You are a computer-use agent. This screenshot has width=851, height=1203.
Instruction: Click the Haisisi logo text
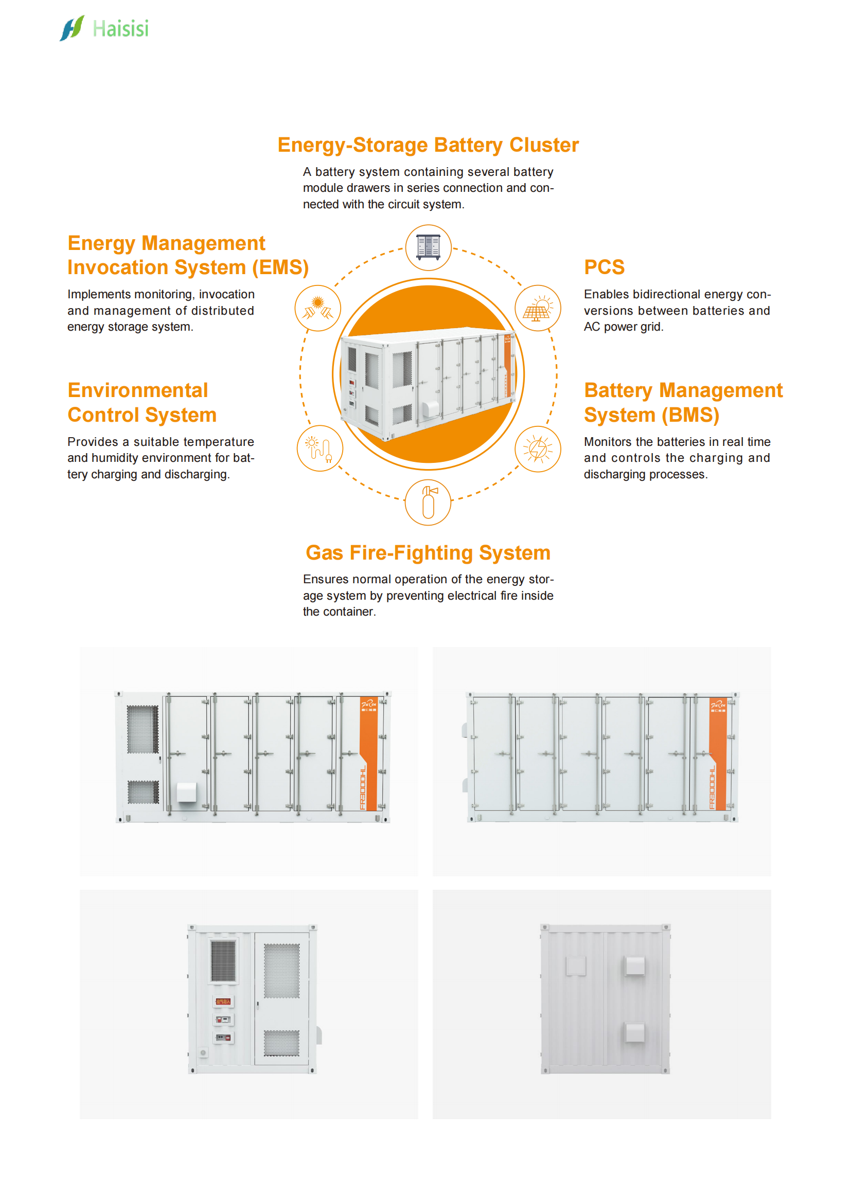tap(120, 29)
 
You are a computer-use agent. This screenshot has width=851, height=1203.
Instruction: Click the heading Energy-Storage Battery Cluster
tap(428, 145)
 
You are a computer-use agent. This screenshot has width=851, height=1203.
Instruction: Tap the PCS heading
tap(604, 267)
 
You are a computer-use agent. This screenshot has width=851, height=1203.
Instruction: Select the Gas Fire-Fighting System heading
tap(428, 553)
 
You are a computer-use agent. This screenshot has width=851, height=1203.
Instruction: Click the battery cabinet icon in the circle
tap(428, 247)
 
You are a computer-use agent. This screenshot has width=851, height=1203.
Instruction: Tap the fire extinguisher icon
tap(428, 502)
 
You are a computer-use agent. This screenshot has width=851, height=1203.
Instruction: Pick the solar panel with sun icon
tap(538, 308)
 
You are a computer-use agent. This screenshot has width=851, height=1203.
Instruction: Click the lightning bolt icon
tap(538, 449)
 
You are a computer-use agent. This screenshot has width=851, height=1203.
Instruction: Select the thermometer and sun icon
tap(320, 449)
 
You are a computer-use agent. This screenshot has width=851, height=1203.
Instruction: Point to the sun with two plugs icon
tap(317, 308)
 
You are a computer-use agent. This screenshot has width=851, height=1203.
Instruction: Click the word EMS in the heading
tap(280, 268)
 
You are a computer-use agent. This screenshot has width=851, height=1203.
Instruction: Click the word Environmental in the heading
tap(138, 390)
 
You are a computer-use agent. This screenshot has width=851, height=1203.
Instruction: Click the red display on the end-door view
tap(223, 1001)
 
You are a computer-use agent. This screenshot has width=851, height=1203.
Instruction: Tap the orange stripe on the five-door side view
tap(717, 755)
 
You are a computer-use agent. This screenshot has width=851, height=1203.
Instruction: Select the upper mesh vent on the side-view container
tap(143, 729)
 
